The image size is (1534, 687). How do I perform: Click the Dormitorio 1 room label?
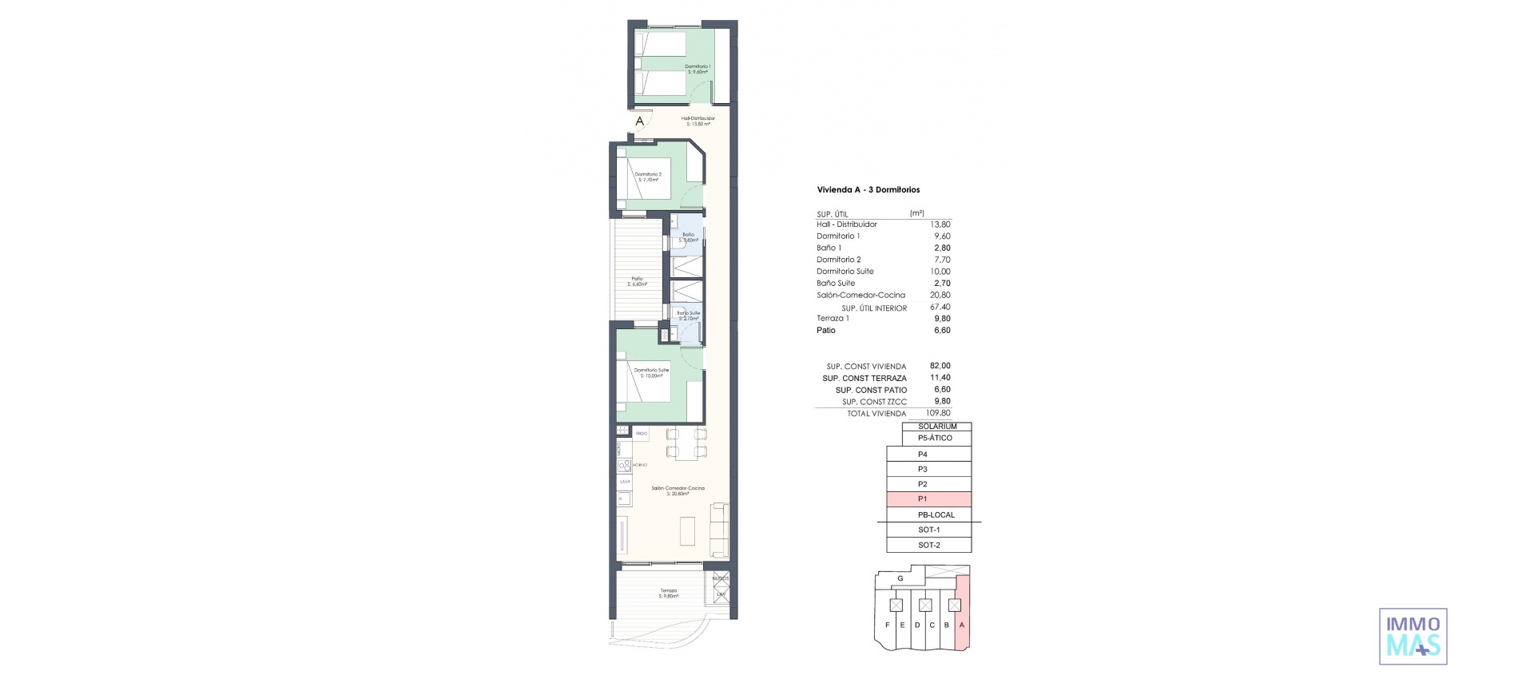[x=697, y=69]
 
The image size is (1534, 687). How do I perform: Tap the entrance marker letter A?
[x=639, y=122]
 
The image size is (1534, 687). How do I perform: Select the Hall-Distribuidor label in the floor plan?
[x=697, y=121]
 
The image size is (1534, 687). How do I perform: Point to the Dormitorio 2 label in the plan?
[x=648, y=177]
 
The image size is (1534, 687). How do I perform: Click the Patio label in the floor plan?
[x=637, y=281]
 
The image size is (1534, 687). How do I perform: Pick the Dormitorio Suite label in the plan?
[x=651, y=372]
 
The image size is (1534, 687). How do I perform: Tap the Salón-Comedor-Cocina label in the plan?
[x=678, y=490]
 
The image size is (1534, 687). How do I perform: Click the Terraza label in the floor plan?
[x=668, y=594]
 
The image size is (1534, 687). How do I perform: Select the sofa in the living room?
[x=161, y=530]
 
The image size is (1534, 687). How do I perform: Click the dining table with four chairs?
[x=686, y=443]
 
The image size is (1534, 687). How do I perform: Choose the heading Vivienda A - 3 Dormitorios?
[x=868, y=190]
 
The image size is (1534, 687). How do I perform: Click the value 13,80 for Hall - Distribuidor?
[x=940, y=224]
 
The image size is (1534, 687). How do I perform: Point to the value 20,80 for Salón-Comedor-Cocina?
[x=940, y=295]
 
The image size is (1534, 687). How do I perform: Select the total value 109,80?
[x=938, y=414]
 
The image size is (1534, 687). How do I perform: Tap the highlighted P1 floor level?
[x=928, y=499]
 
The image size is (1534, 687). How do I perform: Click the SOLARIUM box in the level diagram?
[x=937, y=427]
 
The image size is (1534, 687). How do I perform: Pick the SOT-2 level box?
[x=928, y=545]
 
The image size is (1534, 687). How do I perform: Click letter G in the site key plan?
[x=900, y=578]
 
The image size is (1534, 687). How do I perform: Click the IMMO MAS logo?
[x=1413, y=636]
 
